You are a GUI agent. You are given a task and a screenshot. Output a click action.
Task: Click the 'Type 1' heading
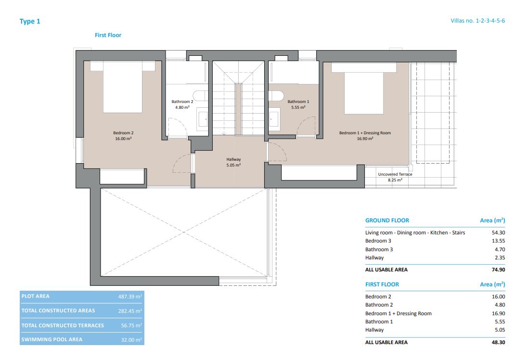pyautogui.click(x=30, y=21)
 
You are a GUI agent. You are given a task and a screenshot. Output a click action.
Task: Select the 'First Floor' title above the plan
pyautogui.click(x=108, y=35)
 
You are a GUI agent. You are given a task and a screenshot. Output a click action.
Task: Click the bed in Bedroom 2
pyautogui.click(x=123, y=89)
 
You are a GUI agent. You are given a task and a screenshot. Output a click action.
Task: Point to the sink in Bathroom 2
pyautogui.click(x=203, y=118)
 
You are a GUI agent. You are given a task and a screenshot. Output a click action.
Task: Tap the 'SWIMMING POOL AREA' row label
pyautogui.click(x=52, y=339)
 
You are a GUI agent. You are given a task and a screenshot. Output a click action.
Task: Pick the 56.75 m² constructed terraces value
pyautogui.click(x=131, y=325)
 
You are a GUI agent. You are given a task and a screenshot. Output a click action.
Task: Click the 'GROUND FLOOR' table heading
pyautogui.click(x=387, y=220)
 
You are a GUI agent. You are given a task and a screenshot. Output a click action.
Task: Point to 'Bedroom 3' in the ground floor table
pyautogui.click(x=378, y=241)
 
